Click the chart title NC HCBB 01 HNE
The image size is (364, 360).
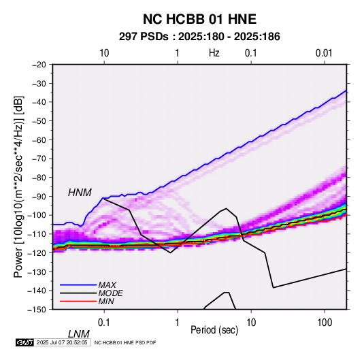click(199, 19)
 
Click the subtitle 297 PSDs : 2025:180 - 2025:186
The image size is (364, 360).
click(199, 37)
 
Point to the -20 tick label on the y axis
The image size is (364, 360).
click(39, 65)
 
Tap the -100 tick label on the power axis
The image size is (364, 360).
click(37, 215)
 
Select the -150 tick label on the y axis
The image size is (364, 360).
click(37, 310)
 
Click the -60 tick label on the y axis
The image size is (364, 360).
click(39, 140)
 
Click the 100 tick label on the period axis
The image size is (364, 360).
click(325, 323)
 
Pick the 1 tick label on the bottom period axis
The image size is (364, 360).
click(178, 323)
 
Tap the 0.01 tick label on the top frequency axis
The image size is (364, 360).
click(324, 53)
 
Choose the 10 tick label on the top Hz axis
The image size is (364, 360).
click(104, 53)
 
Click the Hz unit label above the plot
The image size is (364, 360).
click(214, 53)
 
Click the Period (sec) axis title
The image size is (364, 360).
click(214, 330)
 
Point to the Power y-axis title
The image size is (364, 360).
click(18, 186)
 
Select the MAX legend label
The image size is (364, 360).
click(107, 284)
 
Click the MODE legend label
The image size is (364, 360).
click(110, 293)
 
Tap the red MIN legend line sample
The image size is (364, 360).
click(78, 301)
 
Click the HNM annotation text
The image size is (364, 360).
click(80, 193)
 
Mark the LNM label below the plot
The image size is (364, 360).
click(79, 334)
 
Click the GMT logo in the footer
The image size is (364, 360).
click(25, 342)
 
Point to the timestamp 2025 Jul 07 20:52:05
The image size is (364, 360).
click(62, 342)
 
